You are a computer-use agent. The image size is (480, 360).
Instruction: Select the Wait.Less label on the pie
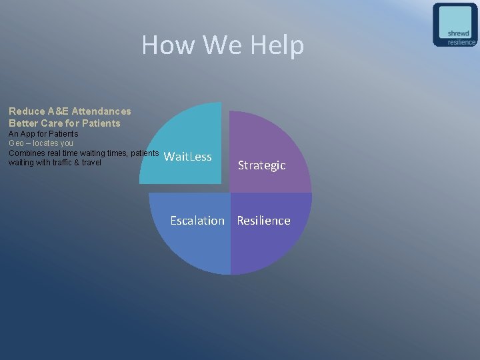pyautogui.click(x=187, y=157)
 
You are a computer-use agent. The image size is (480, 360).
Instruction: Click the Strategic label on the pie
pyautogui.click(x=261, y=165)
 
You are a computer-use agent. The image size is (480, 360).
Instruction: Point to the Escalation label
pyautogui.click(x=197, y=221)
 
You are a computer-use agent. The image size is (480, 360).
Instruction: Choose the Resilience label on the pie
pyautogui.click(x=263, y=221)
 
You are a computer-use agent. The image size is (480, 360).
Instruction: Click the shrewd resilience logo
pyautogui.click(x=455, y=25)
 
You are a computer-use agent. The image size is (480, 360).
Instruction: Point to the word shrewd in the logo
pyautogui.click(x=458, y=33)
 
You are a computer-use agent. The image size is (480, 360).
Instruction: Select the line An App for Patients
pyautogui.click(x=43, y=134)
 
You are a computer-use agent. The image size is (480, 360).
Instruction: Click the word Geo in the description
pyautogui.click(x=17, y=143)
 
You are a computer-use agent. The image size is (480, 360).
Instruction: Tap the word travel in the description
pyautogui.click(x=91, y=162)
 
